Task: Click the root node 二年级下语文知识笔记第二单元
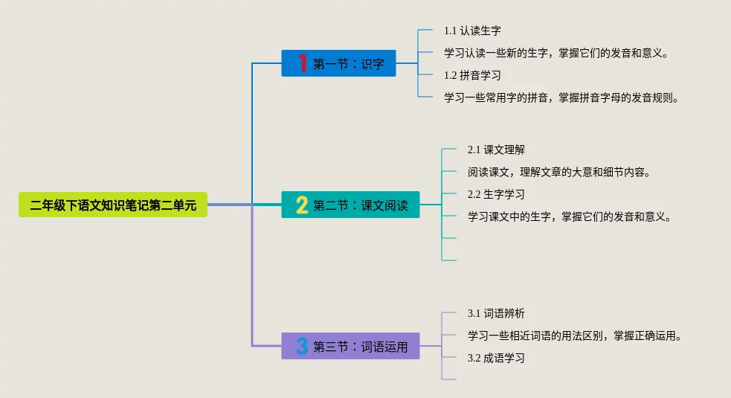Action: [x=113, y=205]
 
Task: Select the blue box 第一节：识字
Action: [x=338, y=63]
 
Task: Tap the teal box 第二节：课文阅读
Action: [x=350, y=205]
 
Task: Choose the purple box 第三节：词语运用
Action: [x=350, y=346]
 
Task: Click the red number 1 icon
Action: [x=302, y=63]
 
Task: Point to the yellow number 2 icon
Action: [x=302, y=205]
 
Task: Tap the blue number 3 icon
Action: [x=302, y=346]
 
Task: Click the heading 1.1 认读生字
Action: [x=472, y=31]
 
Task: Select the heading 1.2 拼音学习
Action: [x=472, y=75]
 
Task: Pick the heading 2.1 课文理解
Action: [x=496, y=150]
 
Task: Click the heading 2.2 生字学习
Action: [x=496, y=194]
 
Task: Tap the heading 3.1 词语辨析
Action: [x=496, y=313]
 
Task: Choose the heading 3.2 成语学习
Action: [x=496, y=358]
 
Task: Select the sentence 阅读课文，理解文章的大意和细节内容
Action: [x=560, y=172]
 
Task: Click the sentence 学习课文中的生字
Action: [x=570, y=216]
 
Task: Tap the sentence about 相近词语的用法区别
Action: [x=575, y=336]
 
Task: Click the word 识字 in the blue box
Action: [x=373, y=64]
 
